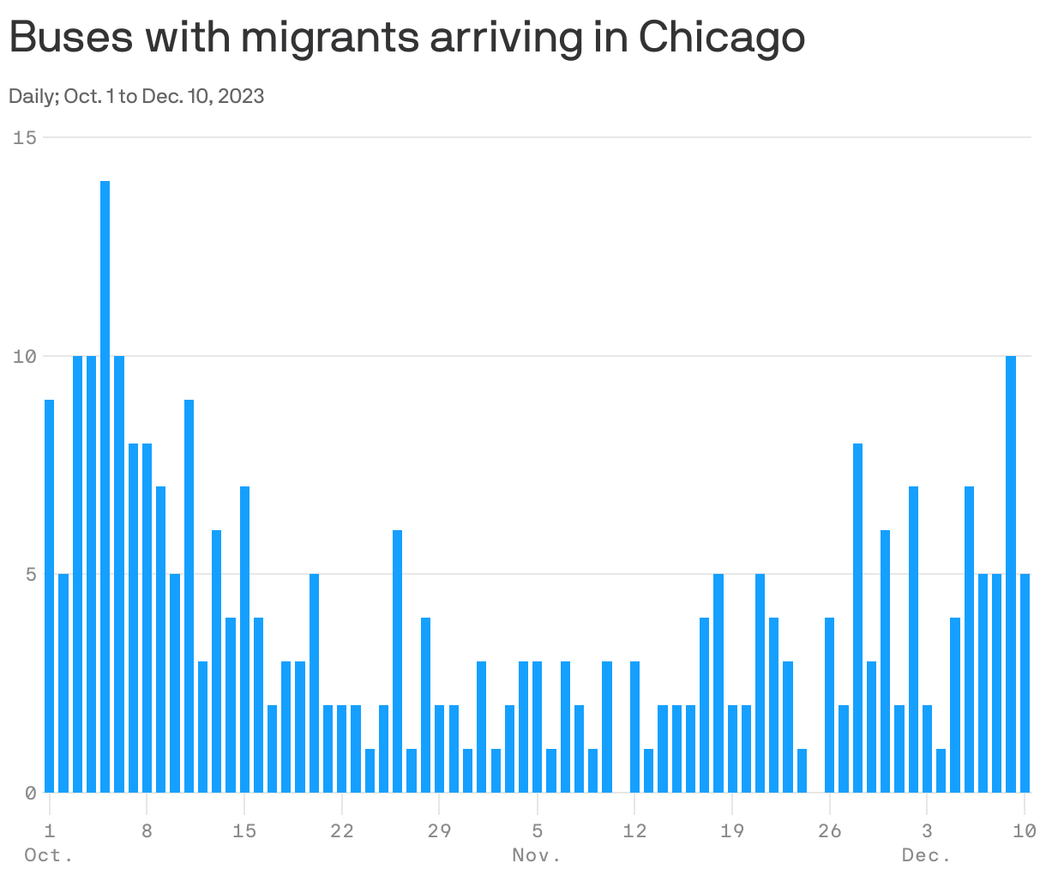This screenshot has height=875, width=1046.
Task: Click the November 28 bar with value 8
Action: click(857, 618)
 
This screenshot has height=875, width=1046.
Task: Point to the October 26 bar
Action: click(398, 661)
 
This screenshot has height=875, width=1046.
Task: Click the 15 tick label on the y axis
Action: click(24, 137)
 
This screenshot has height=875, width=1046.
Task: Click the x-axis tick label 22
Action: click(342, 830)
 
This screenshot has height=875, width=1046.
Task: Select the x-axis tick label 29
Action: click(439, 830)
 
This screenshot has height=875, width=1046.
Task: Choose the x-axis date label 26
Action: click(829, 830)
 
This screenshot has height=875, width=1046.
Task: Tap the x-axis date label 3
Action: click(927, 830)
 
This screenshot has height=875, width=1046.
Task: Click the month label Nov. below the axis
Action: click(537, 855)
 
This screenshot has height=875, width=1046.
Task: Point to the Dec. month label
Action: click(927, 855)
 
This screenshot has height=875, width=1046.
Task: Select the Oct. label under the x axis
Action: click(49, 855)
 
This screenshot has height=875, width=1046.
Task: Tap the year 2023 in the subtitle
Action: click(241, 96)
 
